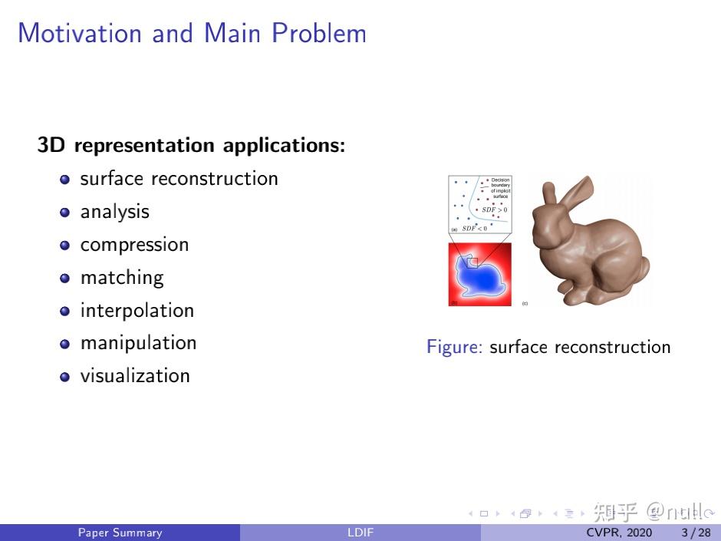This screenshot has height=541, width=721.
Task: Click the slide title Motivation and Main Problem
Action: [192, 34]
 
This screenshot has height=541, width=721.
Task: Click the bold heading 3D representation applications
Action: [191, 145]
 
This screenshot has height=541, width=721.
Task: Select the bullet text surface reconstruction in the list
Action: [179, 179]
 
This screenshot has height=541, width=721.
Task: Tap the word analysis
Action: [114, 212]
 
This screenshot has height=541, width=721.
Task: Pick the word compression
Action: [134, 245]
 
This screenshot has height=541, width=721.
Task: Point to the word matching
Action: [122, 278]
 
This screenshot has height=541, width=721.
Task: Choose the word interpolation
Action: [137, 311]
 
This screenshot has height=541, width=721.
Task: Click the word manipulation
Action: [138, 343]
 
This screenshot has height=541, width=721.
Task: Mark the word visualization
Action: [135, 376]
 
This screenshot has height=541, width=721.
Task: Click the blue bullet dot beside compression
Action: [65, 246]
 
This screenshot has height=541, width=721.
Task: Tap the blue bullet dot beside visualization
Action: [65, 377]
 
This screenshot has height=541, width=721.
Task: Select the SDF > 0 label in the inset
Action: [494, 209]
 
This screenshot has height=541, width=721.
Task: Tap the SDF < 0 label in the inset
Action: [474, 228]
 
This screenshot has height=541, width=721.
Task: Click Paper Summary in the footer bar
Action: [120, 533]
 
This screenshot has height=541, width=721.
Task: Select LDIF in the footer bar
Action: [360, 533]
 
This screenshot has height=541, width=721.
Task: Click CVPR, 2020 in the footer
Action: [619, 533]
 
